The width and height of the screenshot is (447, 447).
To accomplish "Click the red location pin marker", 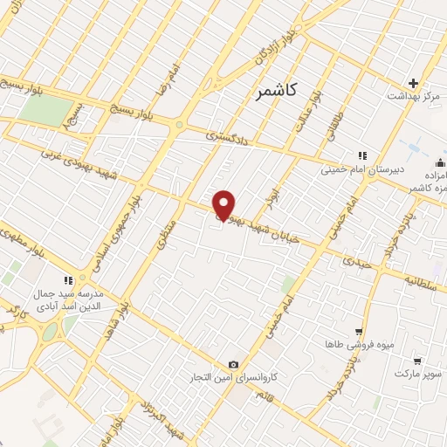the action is (x=224, y=205).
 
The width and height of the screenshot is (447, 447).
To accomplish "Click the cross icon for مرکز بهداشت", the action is (x=414, y=83).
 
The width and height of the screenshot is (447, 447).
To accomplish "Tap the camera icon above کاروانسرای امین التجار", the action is (x=233, y=364).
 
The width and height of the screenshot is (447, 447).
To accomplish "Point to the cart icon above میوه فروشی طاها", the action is (x=358, y=332).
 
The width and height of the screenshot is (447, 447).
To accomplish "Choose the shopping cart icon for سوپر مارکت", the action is (x=417, y=360).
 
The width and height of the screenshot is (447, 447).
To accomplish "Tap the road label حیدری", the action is (x=357, y=260).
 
